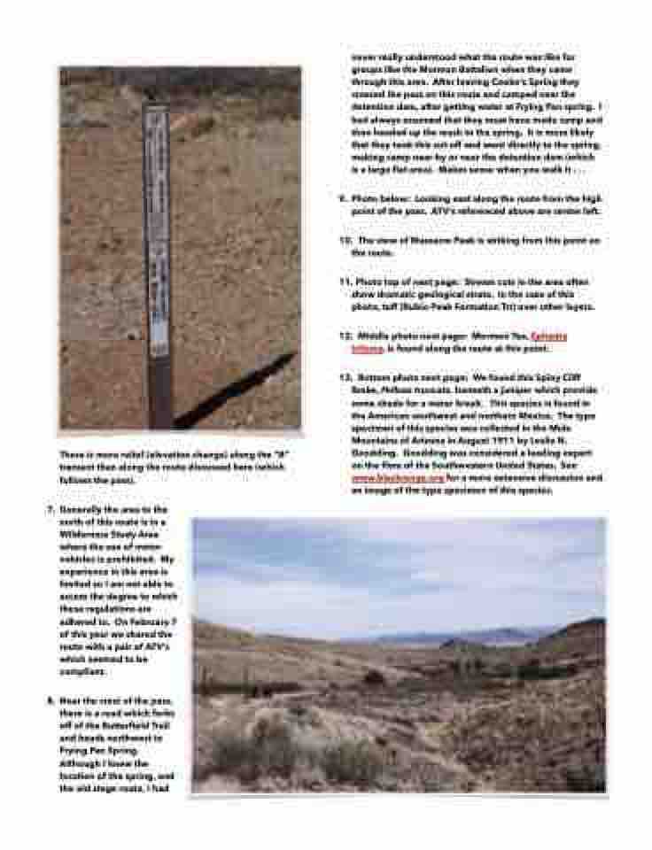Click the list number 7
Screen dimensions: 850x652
[x=50, y=510]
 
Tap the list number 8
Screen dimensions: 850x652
[x=50, y=700]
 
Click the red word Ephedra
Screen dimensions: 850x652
[x=548, y=336]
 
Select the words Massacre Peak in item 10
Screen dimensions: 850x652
[x=428, y=241]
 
